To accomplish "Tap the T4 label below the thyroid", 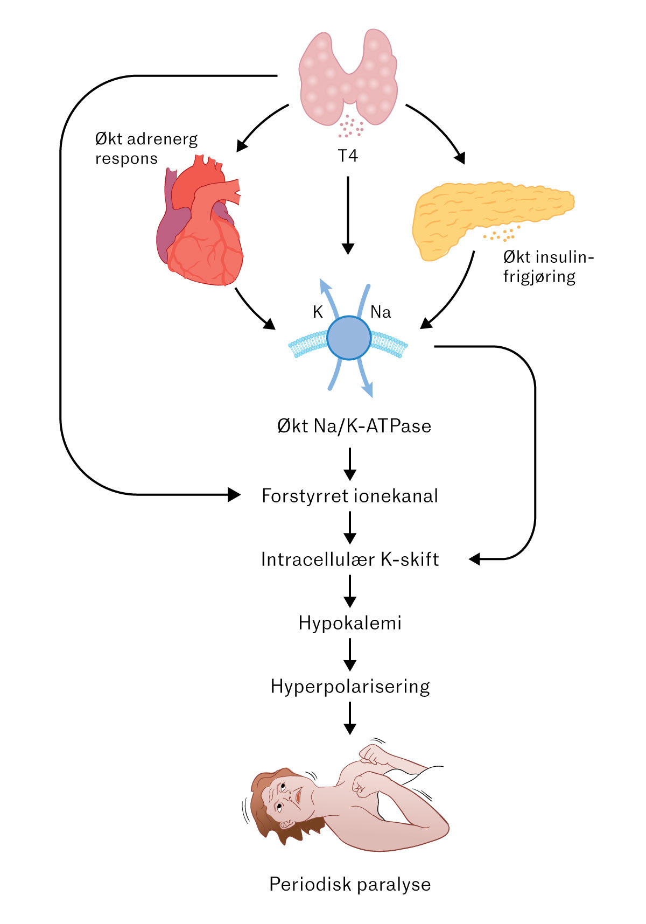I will click(348, 156).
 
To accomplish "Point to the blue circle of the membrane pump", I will click(349, 338).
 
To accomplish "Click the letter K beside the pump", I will click(318, 312).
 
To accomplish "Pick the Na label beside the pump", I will click(381, 312).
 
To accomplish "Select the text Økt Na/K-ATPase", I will click(354, 426).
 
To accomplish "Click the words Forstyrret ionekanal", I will click(350, 496).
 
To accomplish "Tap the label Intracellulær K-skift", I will click(350, 559).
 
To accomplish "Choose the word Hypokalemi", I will click(350, 623).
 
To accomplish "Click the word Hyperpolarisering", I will click(350, 687).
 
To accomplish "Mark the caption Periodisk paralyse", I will click(350, 885).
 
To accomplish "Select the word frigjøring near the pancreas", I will click(539, 277).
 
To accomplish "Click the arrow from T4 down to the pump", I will click(348, 215).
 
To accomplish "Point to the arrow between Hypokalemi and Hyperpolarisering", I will click(350, 654).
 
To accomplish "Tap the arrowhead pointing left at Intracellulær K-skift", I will click(474, 559).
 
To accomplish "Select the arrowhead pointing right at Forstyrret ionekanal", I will click(234, 494).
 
